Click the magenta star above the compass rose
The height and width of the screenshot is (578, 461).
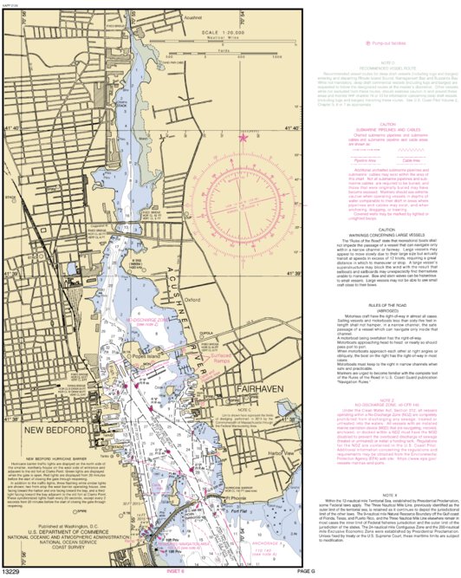(243, 137)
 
